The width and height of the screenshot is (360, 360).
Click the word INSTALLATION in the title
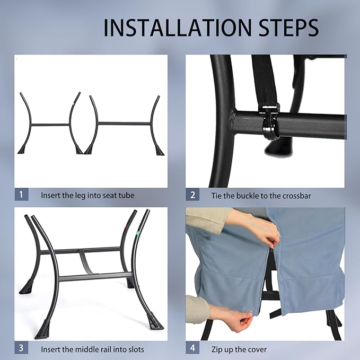click(x=178, y=28)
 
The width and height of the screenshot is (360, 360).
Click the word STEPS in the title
click(x=288, y=28)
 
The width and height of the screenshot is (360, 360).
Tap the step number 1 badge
click(x=21, y=195)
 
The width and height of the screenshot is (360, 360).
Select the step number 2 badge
click(x=192, y=195)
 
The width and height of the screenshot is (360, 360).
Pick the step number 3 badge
click(x=21, y=347)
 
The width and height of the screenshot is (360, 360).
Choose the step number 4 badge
click(x=192, y=348)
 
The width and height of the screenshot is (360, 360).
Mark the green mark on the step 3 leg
click(x=138, y=233)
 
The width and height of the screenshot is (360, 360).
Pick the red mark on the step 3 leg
click(x=126, y=227)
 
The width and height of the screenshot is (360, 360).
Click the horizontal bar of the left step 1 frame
click(x=50, y=125)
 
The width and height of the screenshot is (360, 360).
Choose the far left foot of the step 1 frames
click(x=22, y=150)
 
